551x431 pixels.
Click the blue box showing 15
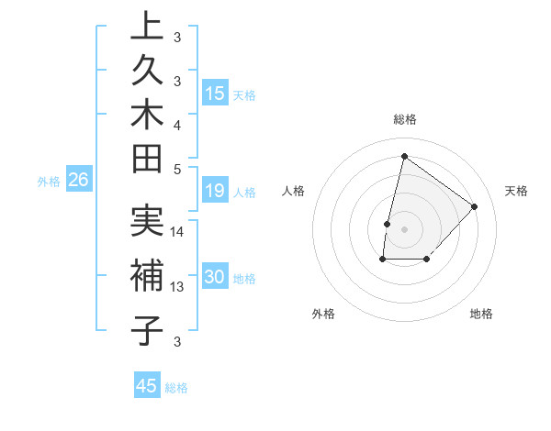pos(215,94)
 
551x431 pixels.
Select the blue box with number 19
pos(215,191)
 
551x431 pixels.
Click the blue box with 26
pos(79,181)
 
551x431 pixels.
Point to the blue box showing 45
pos(147,386)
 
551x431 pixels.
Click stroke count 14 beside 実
pos(177,232)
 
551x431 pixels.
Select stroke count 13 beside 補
pos(177,287)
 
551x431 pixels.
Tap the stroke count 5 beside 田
pos(177,169)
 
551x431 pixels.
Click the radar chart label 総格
pos(404,119)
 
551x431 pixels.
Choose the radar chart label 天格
pos(516,191)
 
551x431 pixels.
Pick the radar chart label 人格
pos(294,191)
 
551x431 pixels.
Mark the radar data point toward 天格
pos(474,206)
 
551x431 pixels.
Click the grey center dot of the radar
pos(404,228)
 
